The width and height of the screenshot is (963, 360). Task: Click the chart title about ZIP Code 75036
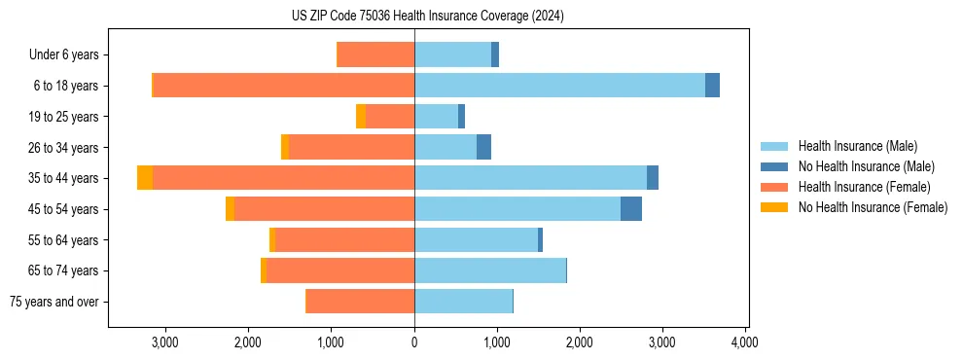427,17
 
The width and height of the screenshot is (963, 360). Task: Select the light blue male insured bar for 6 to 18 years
559,86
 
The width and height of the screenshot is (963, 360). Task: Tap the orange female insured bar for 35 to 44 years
283,178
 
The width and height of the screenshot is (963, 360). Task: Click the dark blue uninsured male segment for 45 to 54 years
631,208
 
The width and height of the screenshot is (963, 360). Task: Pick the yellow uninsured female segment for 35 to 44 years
145,178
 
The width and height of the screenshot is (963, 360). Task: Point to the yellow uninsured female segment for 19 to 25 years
361,117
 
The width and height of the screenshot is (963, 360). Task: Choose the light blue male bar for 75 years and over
463,302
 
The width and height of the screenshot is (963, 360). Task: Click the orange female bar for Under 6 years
375,54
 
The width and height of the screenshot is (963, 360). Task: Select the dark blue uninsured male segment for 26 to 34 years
483,147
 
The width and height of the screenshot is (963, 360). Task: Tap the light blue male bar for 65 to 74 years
490,270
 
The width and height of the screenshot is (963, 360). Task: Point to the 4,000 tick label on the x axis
745,342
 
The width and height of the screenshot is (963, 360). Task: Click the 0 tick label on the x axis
414,342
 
